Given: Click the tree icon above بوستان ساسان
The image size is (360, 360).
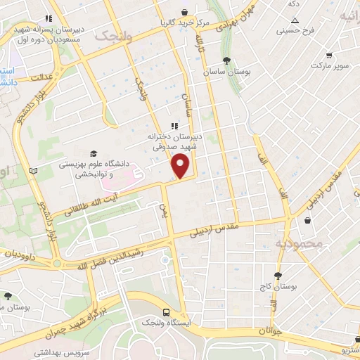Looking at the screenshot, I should (225, 60).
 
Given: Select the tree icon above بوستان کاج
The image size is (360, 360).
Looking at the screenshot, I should (278, 274).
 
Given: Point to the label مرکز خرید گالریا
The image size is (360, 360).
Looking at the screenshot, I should (185, 23).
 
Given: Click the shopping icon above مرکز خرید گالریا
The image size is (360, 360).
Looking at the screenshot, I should (185, 12).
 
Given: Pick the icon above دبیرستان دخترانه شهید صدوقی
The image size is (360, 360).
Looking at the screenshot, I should (174, 126).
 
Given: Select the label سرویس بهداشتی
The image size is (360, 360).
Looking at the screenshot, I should (54, 352).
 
